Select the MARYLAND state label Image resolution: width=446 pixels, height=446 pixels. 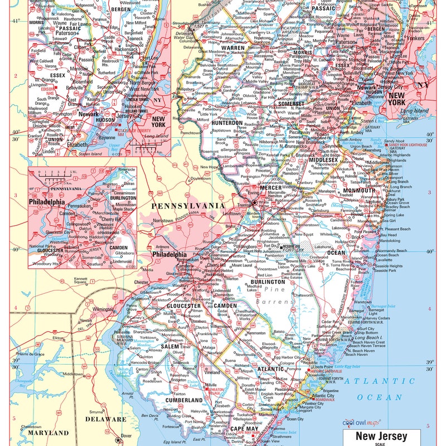(50, 433)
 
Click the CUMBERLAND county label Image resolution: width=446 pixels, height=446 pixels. (183, 400)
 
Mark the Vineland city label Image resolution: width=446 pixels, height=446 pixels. (212, 386)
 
